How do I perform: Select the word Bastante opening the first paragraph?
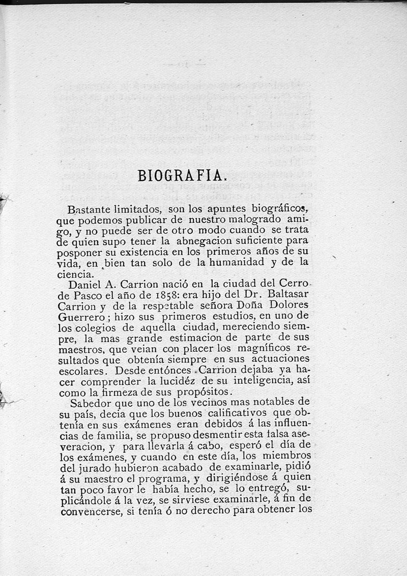coord(87,209)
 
